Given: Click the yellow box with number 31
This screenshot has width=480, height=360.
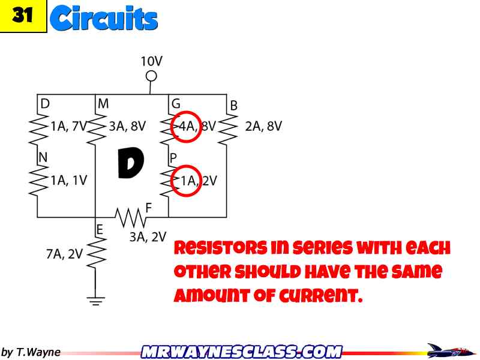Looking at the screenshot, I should click(23, 16).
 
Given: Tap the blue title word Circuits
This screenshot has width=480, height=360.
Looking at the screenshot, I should click(104, 18).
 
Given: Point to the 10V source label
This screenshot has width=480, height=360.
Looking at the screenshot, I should click(151, 61).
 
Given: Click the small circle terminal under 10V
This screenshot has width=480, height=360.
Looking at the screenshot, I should click(151, 76).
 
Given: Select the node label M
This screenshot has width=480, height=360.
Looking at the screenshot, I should click(103, 104).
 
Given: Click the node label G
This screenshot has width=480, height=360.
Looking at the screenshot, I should click(176, 104).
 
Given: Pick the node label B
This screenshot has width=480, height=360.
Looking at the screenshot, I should click(234, 106).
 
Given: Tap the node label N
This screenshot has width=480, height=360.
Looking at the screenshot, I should click(43, 157).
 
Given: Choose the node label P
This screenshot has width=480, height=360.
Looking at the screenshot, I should click(173, 157).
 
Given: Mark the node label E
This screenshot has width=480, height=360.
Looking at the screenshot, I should click(100, 229).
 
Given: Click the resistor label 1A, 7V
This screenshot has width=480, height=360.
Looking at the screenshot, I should click(68, 127).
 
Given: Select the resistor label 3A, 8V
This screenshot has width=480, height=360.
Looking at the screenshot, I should click(127, 127).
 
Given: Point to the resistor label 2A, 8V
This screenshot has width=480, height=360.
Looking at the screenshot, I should click(263, 127).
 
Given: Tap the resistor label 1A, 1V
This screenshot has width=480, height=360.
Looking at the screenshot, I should click(68, 180).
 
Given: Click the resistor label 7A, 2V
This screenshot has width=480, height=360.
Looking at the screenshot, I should click(64, 254).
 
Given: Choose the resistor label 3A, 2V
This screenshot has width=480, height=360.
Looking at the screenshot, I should click(148, 237).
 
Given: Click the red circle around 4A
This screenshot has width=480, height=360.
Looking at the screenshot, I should click(185, 127).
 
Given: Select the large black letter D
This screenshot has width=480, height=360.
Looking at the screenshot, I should click(130, 164).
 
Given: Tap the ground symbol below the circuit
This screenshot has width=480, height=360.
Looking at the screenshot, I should click(95, 300).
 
